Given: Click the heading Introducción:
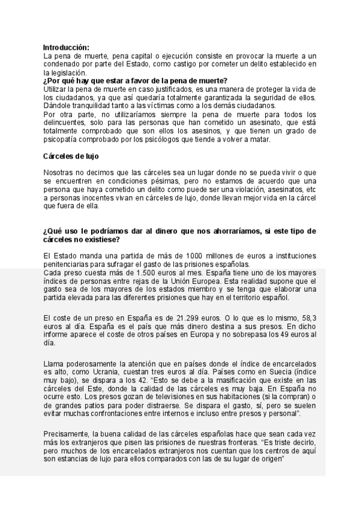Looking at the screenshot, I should pos(67,47).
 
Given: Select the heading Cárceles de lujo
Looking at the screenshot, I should pos(71,156).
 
